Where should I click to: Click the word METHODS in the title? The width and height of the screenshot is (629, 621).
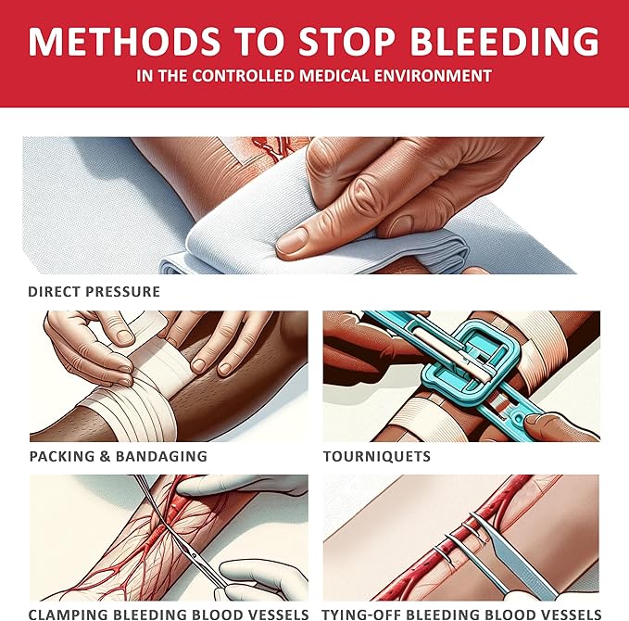tap(124, 42)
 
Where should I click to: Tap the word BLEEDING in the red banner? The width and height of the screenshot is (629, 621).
tap(505, 42)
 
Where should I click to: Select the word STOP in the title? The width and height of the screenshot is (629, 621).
tap(347, 42)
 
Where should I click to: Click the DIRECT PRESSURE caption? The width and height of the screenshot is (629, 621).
tap(94, 291)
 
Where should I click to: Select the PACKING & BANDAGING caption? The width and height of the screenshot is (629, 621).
tap(119, 456)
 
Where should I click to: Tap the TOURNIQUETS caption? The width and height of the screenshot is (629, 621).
tap(377, 456)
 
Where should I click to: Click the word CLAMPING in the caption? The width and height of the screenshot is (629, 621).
tap(69, 615)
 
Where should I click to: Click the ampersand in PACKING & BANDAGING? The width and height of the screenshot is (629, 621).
tap(105, 456)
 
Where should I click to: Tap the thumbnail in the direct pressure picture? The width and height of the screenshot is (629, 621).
tap(294, 241)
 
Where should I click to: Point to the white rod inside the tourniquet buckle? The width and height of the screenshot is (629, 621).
tap(450, 354)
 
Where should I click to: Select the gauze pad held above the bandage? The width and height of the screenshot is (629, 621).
tap(136, 330)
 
